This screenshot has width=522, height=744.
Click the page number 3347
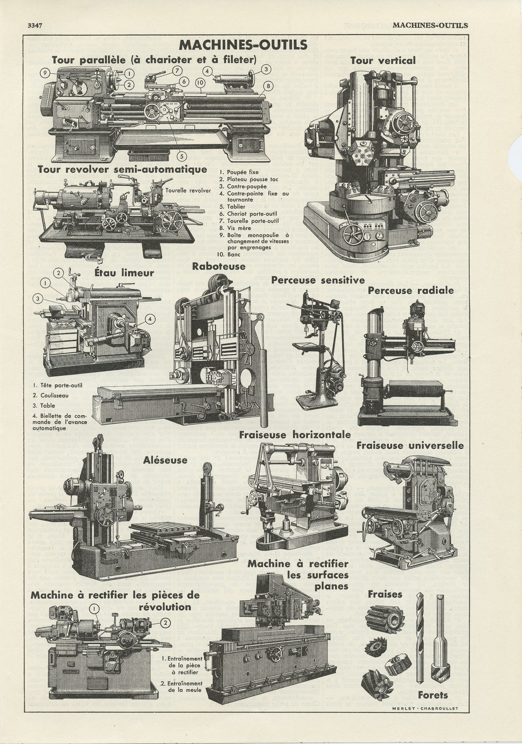(x=35, y=25)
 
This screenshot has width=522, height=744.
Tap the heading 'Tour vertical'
(x=383, y=60)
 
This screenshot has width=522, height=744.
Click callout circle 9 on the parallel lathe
(x=44, y=73)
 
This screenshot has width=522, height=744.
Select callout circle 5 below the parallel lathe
(x=182, y=156)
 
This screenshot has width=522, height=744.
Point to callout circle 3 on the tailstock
(x=266, y=69)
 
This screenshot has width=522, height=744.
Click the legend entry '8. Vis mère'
(x=239, y=228)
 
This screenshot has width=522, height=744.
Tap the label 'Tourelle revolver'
(x=188, y=190)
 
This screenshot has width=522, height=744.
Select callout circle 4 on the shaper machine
(x=151, y=319)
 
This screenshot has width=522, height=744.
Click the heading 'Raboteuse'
(x=219, y=266)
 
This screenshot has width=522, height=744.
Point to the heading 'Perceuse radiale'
(x=411, y=290)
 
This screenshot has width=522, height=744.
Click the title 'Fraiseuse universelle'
(x=410, y=445)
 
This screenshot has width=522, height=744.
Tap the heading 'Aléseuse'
(x=165, y=460)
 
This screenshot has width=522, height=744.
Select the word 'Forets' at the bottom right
(x=433, y=694)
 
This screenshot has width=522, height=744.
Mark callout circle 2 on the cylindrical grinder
(x=164, y=622)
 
